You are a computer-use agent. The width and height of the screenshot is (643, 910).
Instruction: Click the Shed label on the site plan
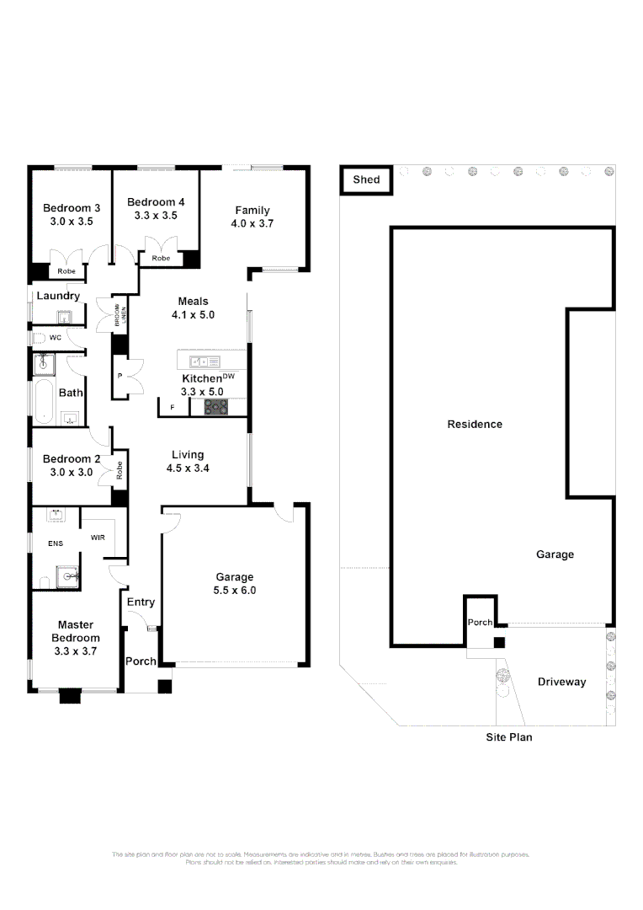point(366,179)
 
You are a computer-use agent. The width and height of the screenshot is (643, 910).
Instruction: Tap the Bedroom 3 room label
point(72,208)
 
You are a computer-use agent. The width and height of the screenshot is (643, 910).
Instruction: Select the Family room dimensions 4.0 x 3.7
point(252,224)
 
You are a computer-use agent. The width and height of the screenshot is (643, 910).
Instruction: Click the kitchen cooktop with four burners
point(217,407)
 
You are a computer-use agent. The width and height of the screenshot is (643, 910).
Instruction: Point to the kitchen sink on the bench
point(203,361)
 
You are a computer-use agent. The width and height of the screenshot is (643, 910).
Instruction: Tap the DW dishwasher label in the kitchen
point(228,377)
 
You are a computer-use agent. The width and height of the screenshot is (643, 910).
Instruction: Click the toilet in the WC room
point(38,337)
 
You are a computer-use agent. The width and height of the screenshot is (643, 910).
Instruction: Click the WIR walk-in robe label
point(98,537)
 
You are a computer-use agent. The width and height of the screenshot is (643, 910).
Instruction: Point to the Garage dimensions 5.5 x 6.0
point(235,591)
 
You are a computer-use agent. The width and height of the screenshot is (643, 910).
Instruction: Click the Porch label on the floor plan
point(141,661)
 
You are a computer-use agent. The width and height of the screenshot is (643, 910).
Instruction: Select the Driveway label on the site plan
point(561,682)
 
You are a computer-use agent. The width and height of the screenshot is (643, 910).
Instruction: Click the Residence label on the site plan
point(474,424)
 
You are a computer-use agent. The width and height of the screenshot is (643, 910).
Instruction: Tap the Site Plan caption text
point(509,737)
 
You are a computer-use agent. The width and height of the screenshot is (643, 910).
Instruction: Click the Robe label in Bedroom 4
point(161,258)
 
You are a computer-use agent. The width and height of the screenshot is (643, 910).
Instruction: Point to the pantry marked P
point(121,376)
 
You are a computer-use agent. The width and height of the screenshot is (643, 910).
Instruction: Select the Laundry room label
point(58,296)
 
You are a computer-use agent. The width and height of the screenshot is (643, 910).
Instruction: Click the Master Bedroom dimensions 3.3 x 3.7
point(76,651)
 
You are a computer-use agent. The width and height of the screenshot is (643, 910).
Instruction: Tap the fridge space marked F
point(173,408)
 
